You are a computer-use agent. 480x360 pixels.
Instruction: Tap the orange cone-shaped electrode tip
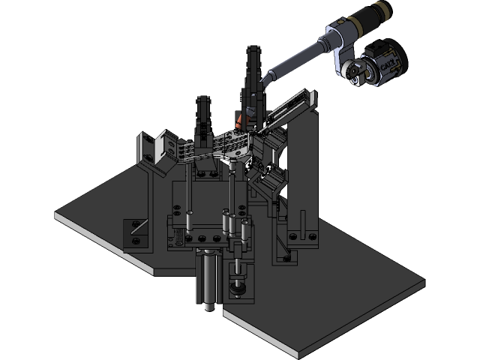click(238, 120)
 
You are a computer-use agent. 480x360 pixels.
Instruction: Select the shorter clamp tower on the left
click(203, 116)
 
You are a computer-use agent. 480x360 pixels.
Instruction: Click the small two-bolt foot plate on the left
click(136, 232)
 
